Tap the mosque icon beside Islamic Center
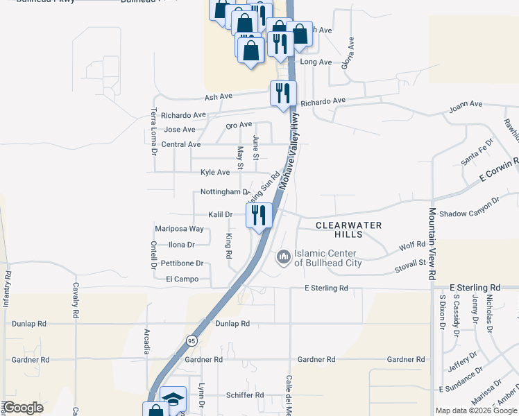click(x=283, y=257)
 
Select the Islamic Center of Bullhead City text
click(x=327, y=258)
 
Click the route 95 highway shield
click(x=191, y=340)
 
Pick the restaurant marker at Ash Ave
click(x=283, y=94)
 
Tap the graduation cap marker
click(x=173, y=399)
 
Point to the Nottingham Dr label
click(x=224, y=191)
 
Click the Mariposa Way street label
click(x=179, y=228)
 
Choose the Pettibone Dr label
click(x=182, y=263)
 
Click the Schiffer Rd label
click(x=245, y=395)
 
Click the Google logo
click(x=24, y=408)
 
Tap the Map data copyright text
click(x=476, y=410)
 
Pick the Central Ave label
click(x=180, y=144)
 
